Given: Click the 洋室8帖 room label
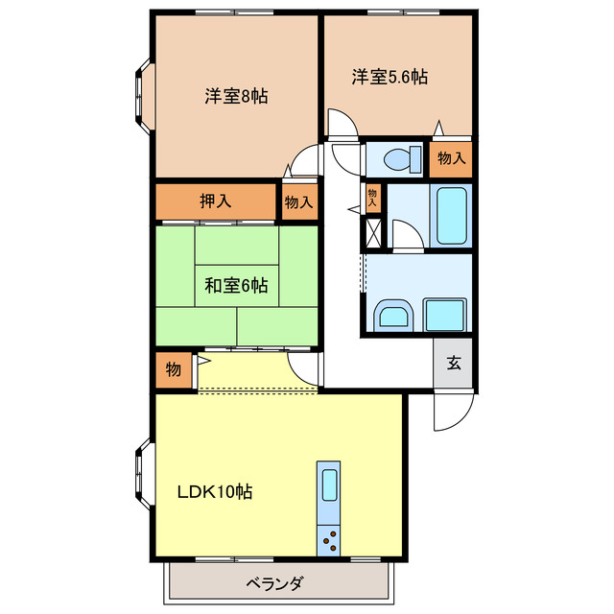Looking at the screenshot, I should coord(235,96).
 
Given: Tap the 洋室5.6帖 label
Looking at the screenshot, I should coord(389,76).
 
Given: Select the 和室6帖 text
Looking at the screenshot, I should coord(236,284).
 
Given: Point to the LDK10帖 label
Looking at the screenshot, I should coord(214,492).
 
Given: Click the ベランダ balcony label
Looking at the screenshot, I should coord(275,584).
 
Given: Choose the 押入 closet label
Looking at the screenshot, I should coord(215,201).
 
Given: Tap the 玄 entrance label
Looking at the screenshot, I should coord(453,363).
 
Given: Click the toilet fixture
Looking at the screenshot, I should coord(396,157).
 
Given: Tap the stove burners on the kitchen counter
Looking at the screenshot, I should coord(329,540).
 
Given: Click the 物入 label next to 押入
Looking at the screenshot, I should coord(298,202).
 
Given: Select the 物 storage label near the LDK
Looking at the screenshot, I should coord(173,369).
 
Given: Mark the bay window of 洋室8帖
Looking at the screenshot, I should coord(143,96).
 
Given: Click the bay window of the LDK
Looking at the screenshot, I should coord(143,473).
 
